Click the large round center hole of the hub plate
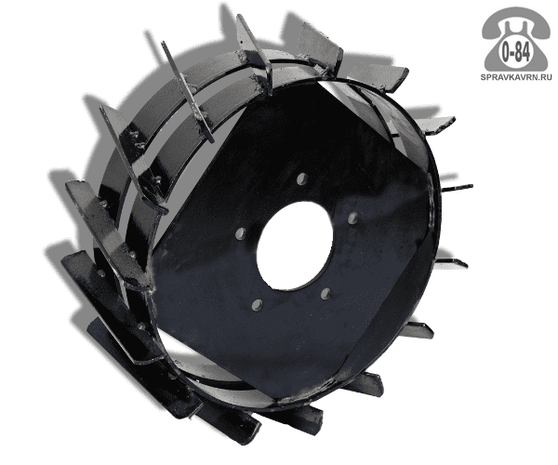click(x=295, y=246)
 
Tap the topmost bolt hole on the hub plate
click(x=302, y=179)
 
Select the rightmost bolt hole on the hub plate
click(x=352, y=219)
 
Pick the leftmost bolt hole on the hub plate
click(x=241, y=233)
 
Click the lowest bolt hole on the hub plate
click(x=257, y=305)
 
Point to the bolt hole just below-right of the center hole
click(x=325, y=294)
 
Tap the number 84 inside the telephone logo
click(x=523, y=53)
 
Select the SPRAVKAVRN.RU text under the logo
click(x=516, y=77)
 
